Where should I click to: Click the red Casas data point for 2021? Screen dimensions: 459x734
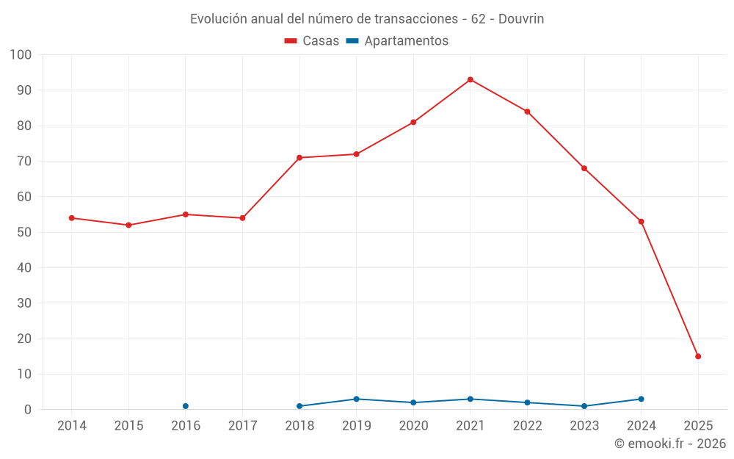click(x=470, y=79)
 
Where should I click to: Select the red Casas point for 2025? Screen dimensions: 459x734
click(x=698, y=356)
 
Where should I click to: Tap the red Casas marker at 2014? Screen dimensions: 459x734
click(x=72, y=218)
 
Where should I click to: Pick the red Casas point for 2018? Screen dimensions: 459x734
click(x=299, y=158)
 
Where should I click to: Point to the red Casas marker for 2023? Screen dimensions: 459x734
click(x=584, y=168)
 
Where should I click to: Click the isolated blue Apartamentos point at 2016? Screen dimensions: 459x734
click(x=186, y=406)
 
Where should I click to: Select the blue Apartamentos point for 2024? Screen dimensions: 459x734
click(x=642, y=399)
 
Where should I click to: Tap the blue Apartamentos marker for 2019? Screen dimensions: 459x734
click(x=357, y=399)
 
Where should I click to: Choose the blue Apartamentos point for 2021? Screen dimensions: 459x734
click(x=470, y=399)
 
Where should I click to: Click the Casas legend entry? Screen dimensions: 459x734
click(x=312, y=41)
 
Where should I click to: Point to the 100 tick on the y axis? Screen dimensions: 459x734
click(x=21, y=55)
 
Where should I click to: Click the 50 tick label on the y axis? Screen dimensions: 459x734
click(x=24, y=232)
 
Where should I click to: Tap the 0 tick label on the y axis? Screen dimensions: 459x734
click(x=28, y=410)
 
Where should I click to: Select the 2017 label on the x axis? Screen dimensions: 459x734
click(x=242, y=426)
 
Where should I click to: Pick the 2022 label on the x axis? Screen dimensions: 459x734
click(x=527, y=426)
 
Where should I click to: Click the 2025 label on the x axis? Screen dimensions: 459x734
click(x=698, y=426)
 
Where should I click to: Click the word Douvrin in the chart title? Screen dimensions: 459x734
click(x=521, y=19)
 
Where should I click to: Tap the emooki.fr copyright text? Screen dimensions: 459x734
click(x=670, y=444)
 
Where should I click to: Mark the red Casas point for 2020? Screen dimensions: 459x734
click(x=413, y=122)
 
